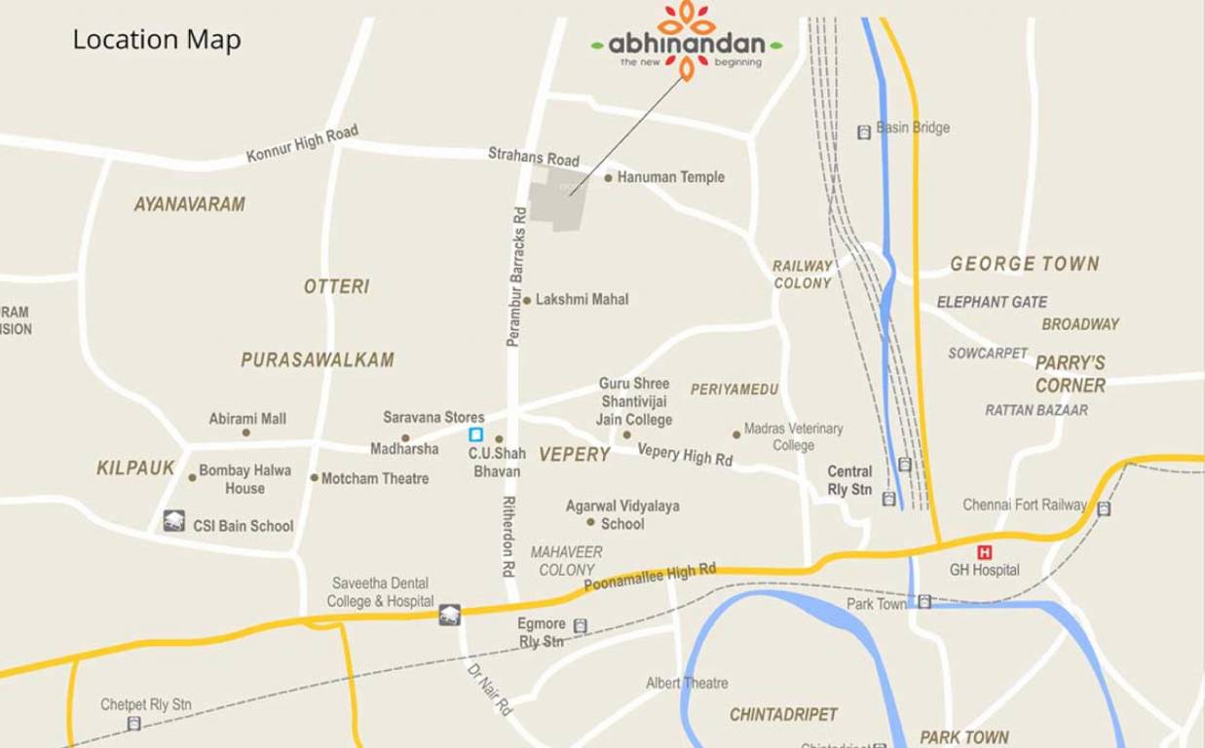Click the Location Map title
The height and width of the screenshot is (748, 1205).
157,40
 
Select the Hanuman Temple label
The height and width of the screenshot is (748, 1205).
671,177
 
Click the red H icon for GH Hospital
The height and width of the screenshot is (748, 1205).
984,552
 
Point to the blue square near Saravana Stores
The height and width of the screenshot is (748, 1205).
475,434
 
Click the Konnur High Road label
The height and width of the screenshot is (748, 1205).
302,143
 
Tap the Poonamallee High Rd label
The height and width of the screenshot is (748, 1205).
650,578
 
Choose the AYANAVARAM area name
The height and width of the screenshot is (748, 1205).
189,205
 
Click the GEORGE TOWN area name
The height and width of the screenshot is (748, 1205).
1024,264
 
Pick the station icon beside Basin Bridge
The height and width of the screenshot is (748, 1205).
863,131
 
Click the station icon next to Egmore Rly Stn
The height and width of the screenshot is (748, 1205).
581,626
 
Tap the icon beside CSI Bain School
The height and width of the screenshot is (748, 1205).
174,521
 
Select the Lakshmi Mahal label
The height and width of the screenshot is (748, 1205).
582,299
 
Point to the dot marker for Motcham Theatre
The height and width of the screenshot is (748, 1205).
314,478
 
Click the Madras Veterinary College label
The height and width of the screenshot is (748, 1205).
793,436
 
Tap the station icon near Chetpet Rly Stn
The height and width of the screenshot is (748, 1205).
133,724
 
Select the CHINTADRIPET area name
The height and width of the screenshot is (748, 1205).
783,715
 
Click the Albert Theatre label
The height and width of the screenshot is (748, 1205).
687,683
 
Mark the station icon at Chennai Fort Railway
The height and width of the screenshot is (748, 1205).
1104,508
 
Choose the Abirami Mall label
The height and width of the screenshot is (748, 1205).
247,419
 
